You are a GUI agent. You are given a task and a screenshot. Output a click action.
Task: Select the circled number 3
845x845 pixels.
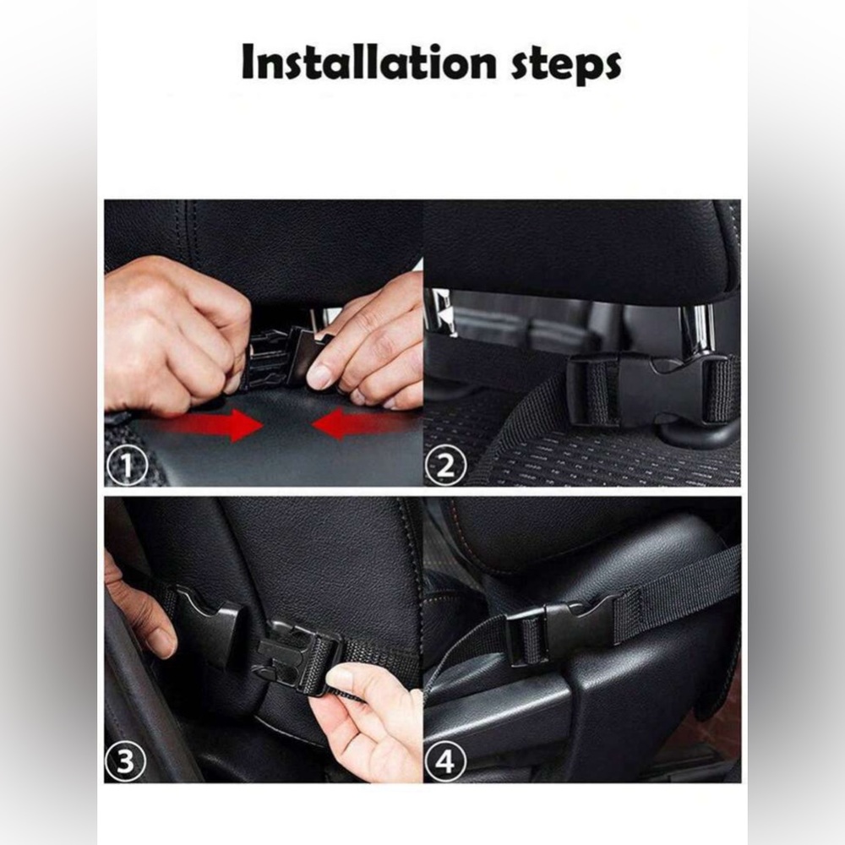pyautogui.click(x=126, y=763)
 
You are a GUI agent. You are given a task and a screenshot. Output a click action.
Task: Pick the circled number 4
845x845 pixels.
pyautogui.click(x=444, y=763)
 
